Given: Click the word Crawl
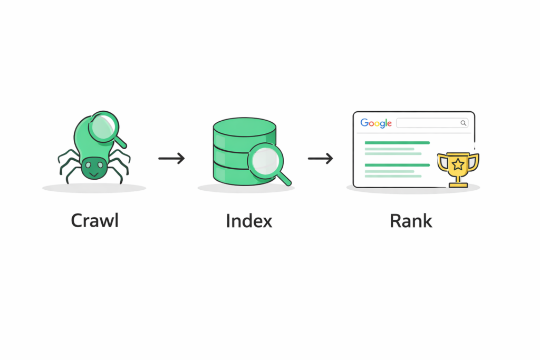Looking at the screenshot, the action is point(95,221).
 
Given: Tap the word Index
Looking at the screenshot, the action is point(249,221).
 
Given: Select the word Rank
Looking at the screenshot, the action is point(411,221).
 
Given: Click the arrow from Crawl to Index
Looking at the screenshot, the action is point(171,158).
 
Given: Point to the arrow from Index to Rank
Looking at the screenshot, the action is point(320,158).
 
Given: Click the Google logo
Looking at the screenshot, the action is point(376,123).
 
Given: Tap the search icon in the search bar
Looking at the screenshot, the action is point(464,123).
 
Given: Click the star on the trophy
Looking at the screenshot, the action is point(458,164).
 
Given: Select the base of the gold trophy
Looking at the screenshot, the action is point(458,185).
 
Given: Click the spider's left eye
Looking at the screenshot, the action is point(88,165).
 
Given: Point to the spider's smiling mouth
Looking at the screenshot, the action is point(94,174).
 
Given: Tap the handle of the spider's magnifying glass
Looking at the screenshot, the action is point(120,141).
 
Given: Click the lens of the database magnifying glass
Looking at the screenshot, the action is point(266,160).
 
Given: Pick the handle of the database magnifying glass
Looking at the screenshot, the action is point(284,179).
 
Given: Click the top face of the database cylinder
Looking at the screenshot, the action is point(245,128).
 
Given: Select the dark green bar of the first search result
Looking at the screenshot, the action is point(397,142).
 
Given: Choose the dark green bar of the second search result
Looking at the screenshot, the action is point(397,165).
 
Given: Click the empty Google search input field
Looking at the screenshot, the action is point(428,123).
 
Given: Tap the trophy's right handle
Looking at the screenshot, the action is point(474,161).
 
